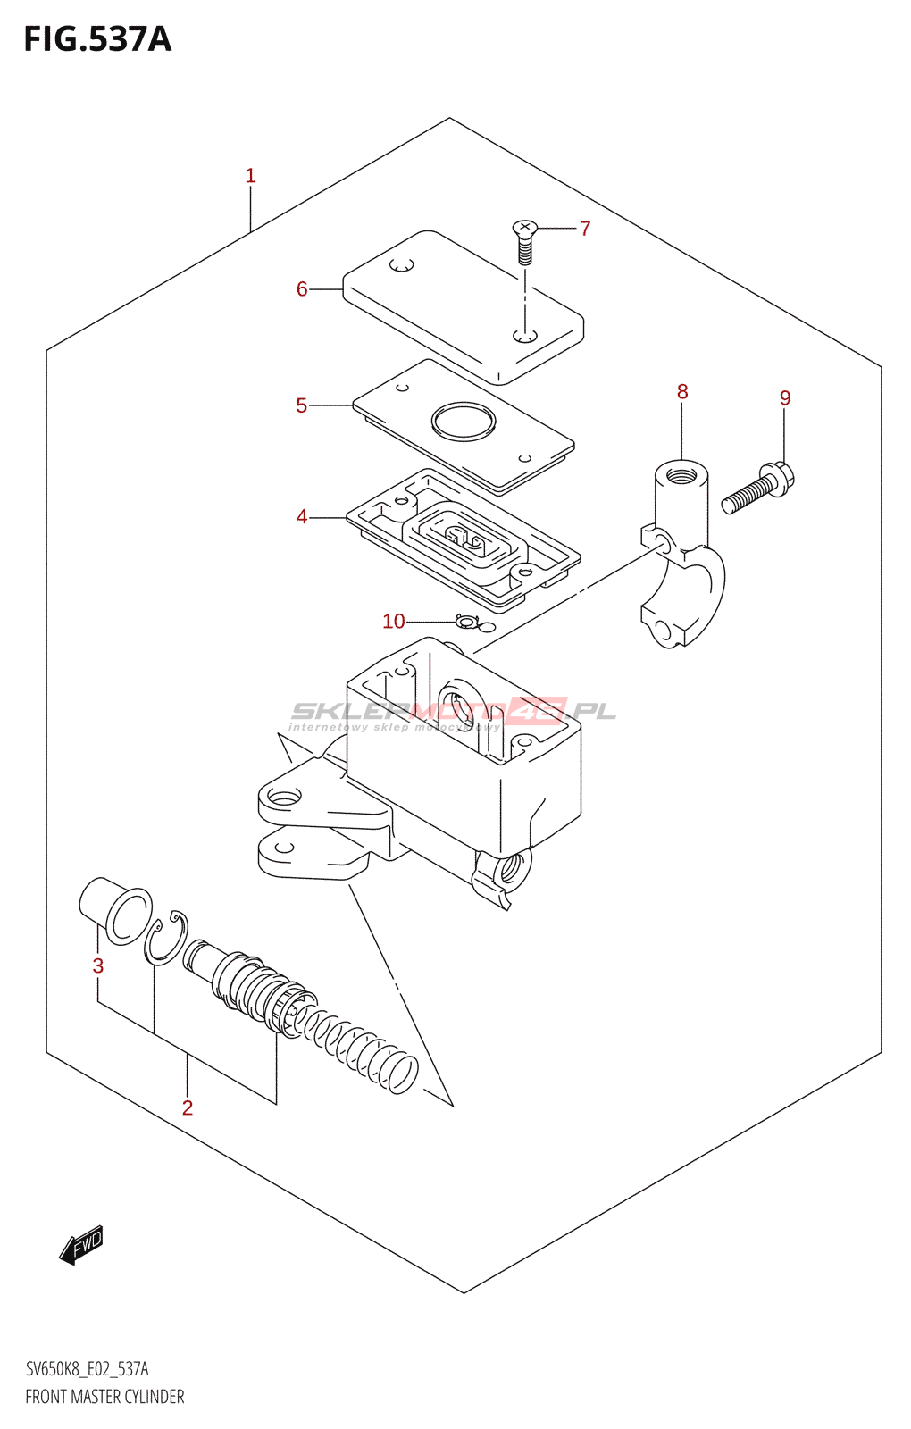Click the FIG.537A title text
(x=97, y=40)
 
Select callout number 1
(x=251, y=176)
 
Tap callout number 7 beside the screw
(x=585, y=229)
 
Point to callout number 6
(x=302, y=289)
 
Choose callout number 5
(x=302, y=406)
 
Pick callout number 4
(x=302, y=517)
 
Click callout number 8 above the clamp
(x=682, y=392)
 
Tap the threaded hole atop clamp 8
(x=681, y=471)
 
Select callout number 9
(x=785, y=398)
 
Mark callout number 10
(x=394, y=622)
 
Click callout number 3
(x=98, y=966)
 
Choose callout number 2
(x=188, y=1108)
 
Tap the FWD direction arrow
(x=81, y=1244)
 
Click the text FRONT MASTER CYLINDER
(x=104, y=1397)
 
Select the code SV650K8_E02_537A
(x=87, y=1369)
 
